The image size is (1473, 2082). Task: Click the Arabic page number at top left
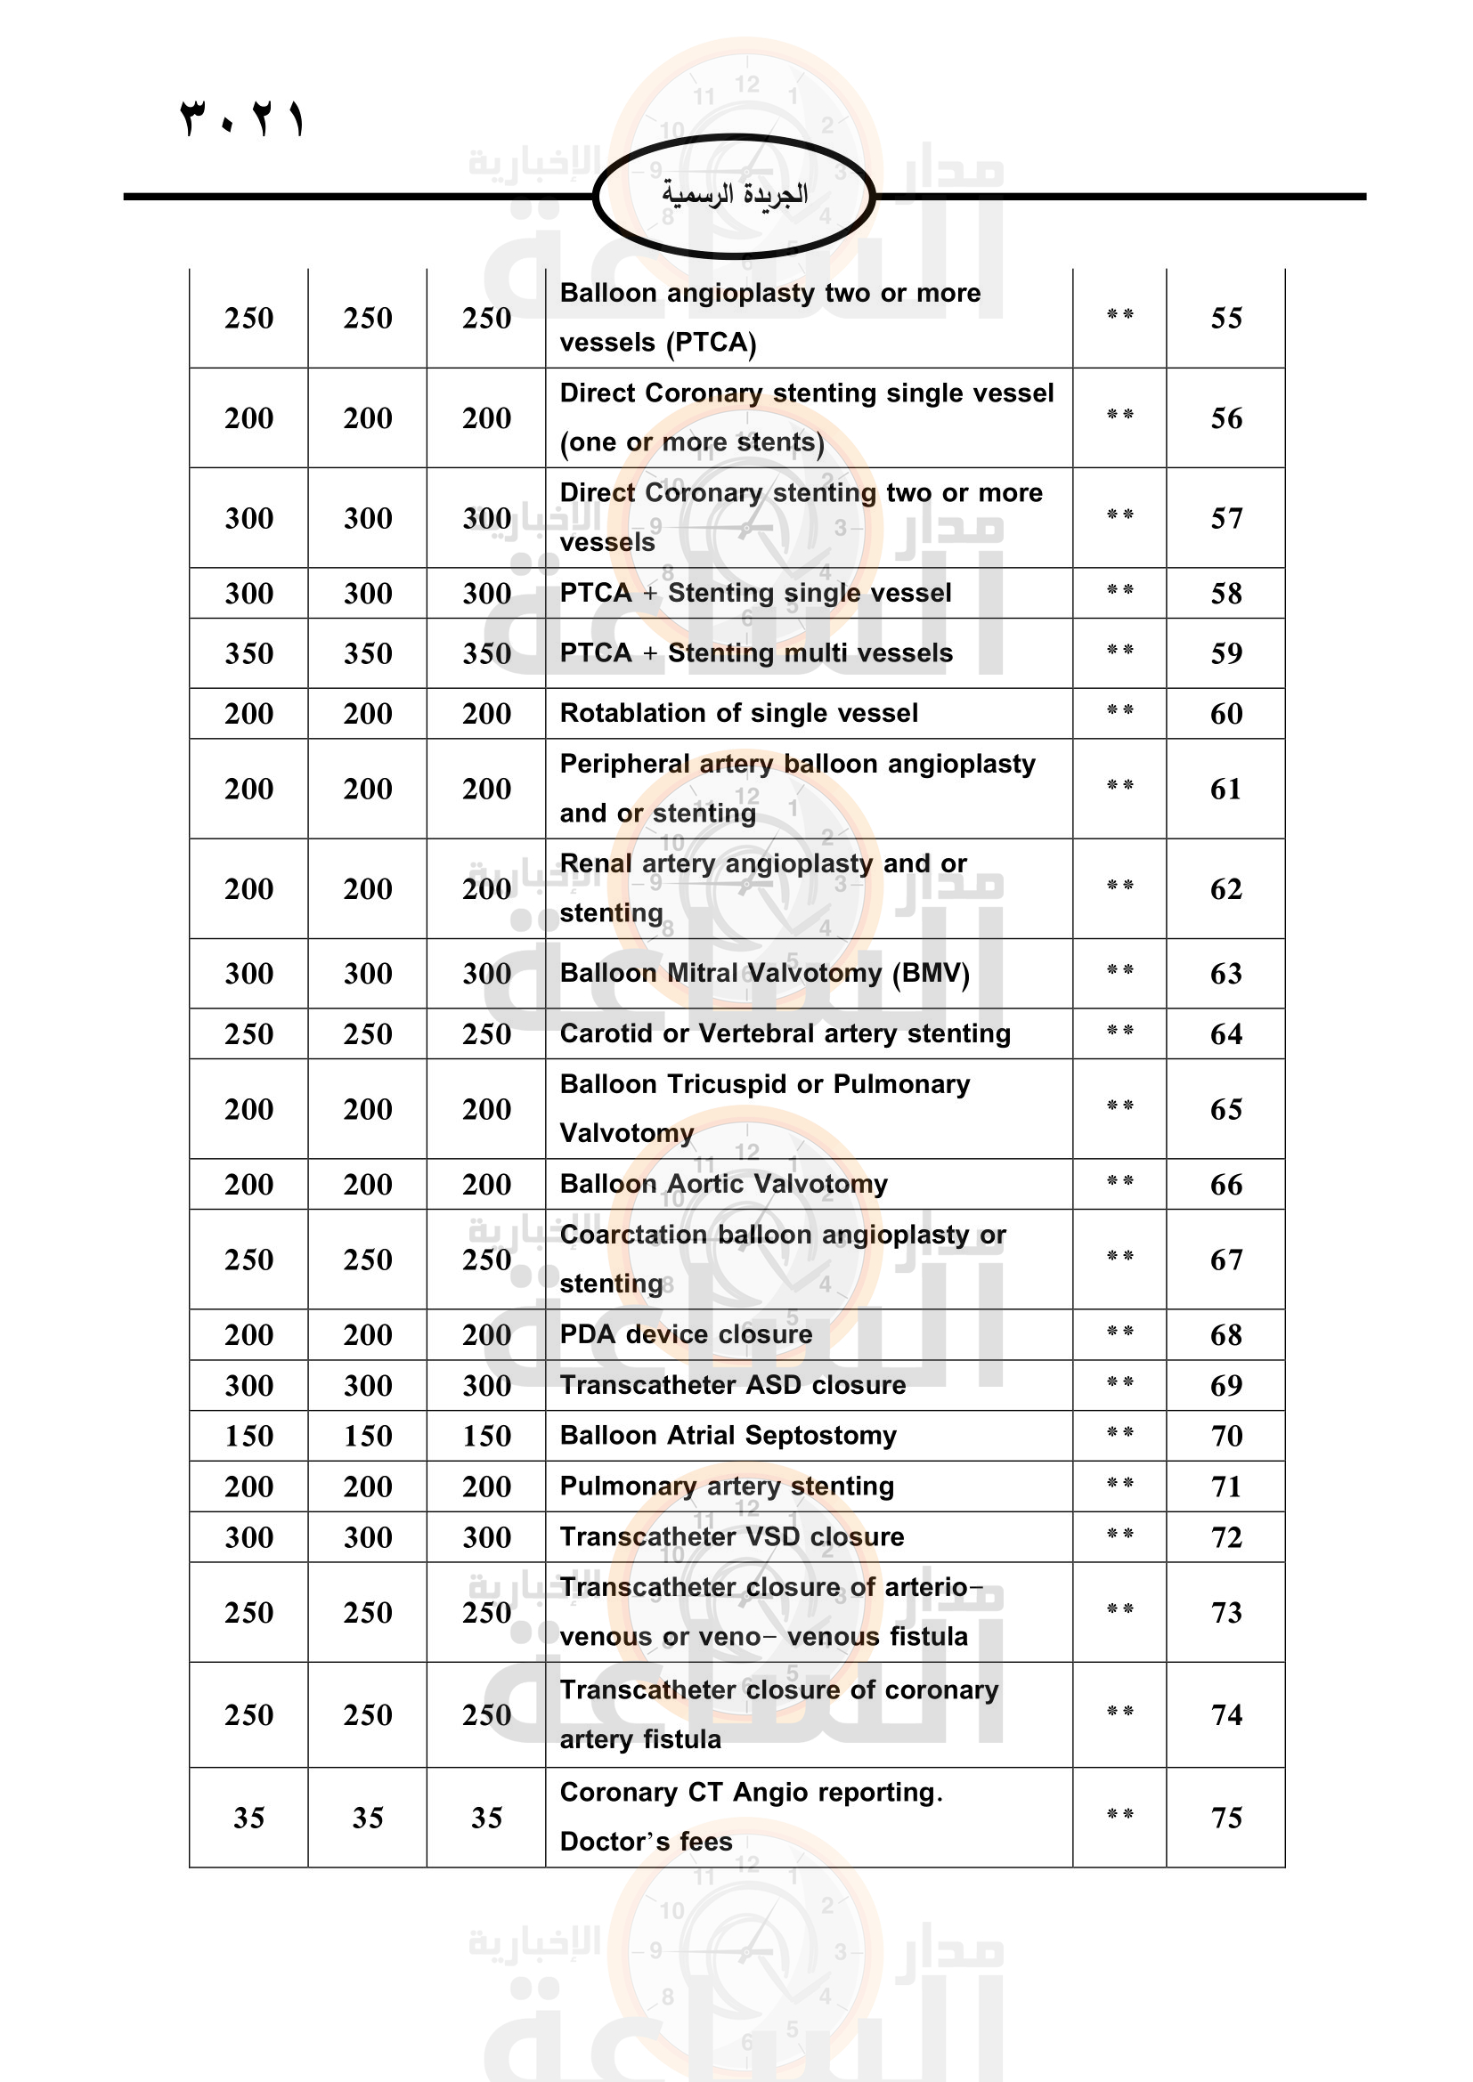242,119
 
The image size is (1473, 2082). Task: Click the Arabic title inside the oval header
734,194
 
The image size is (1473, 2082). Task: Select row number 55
1225,319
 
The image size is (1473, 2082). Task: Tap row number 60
1225,714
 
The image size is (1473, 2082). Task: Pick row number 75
1225,1818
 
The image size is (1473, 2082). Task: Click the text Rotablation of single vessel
738,714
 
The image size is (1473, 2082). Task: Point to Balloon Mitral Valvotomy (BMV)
765,973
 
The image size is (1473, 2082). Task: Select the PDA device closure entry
686,1334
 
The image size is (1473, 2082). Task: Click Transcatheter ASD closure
732,1385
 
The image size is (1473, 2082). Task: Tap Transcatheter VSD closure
731,1537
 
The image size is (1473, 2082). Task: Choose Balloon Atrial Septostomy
728,1436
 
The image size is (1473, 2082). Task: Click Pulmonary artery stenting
727,1487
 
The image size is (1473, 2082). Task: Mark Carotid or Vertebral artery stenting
785,1033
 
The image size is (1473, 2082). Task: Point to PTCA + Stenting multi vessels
755,652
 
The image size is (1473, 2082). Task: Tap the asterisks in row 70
1119,1434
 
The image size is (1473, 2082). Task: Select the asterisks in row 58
1119,591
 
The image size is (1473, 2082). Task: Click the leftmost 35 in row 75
248,1818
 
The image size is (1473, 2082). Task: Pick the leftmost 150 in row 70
248,1436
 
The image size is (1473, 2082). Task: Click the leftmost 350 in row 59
248,652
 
